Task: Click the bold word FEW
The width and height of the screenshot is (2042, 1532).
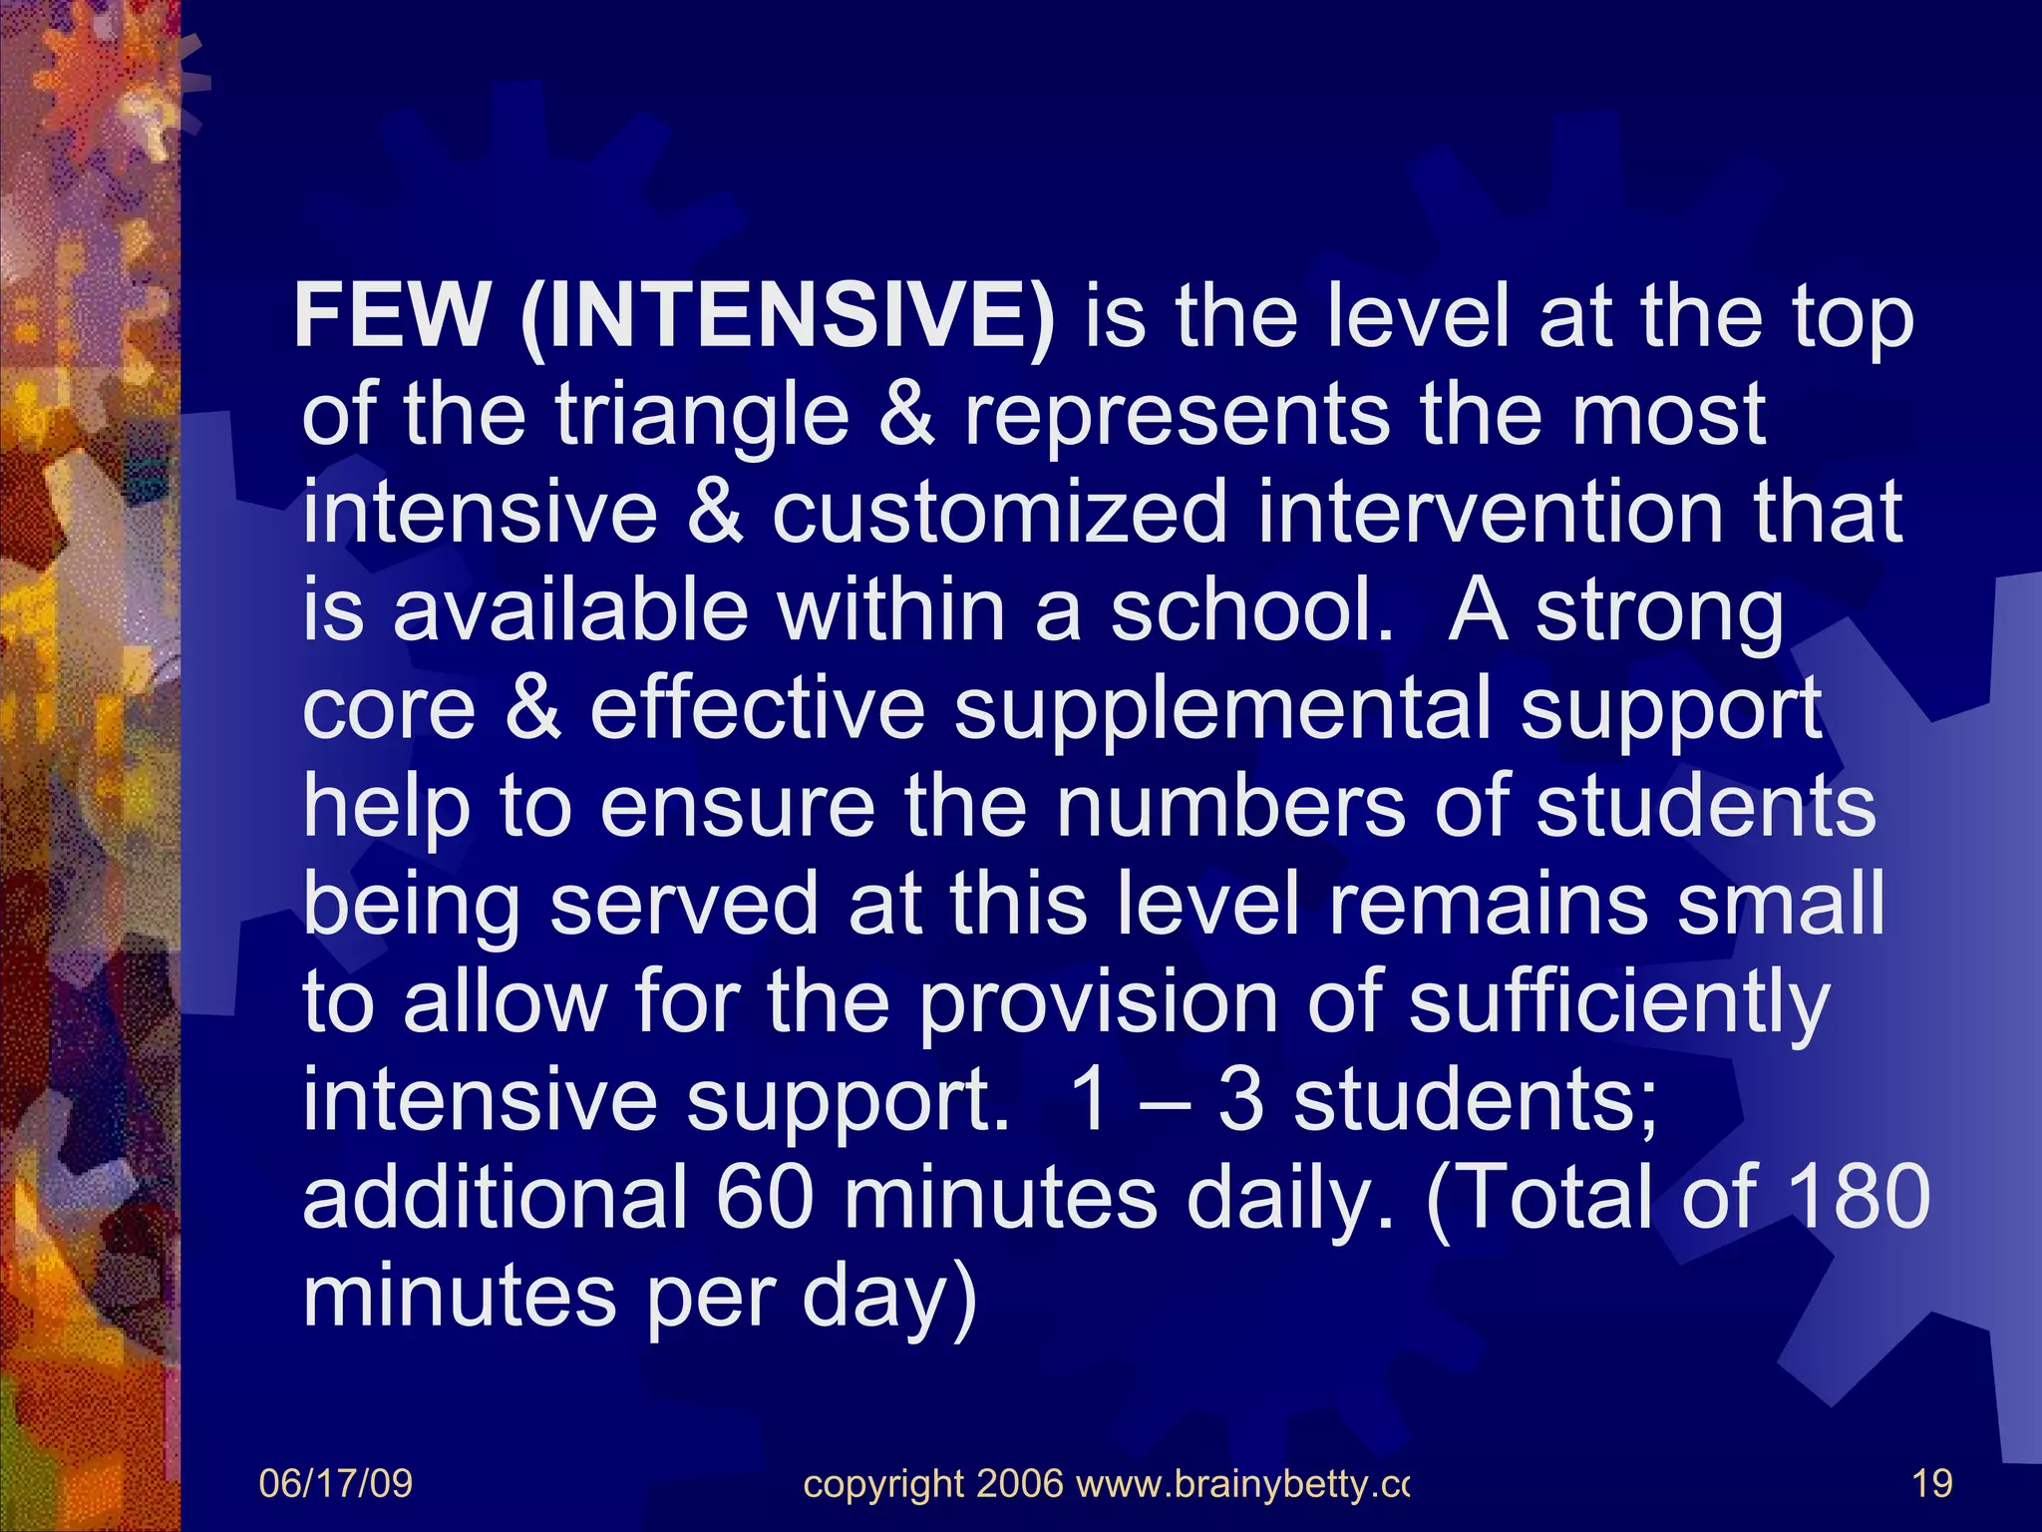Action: tap(390, 316)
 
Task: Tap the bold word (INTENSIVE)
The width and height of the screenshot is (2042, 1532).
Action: tap(788, 318)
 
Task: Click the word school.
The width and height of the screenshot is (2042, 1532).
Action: tap(1251, 609)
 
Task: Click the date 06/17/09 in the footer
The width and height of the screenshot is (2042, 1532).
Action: tap(335, 1483)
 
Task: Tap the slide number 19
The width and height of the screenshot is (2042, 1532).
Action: tap(1932, 1483)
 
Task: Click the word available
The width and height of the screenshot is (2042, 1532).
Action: tap(569, 609)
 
